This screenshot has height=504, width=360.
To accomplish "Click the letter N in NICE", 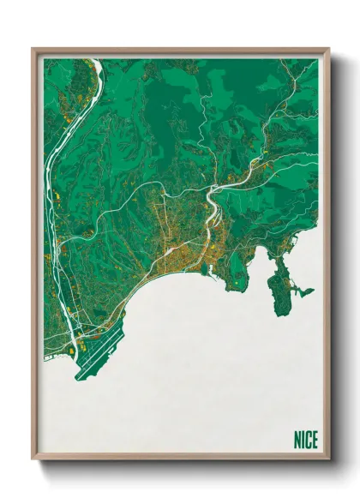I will click(x=297, y=441).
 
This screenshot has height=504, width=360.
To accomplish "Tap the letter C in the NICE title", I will click(x=309, y=441).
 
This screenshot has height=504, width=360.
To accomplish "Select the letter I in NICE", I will click(x=303, y=441).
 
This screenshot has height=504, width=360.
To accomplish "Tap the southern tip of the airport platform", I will click(x=79, y=378).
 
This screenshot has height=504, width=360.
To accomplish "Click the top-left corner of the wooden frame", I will click(x=33, y=49).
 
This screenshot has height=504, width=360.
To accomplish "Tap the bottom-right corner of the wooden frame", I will click(x=328, y=462).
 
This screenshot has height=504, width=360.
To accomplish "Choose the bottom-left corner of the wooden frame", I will click(x=33, y=462).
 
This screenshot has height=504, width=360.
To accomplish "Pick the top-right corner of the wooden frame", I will click(x=328, y=49).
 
